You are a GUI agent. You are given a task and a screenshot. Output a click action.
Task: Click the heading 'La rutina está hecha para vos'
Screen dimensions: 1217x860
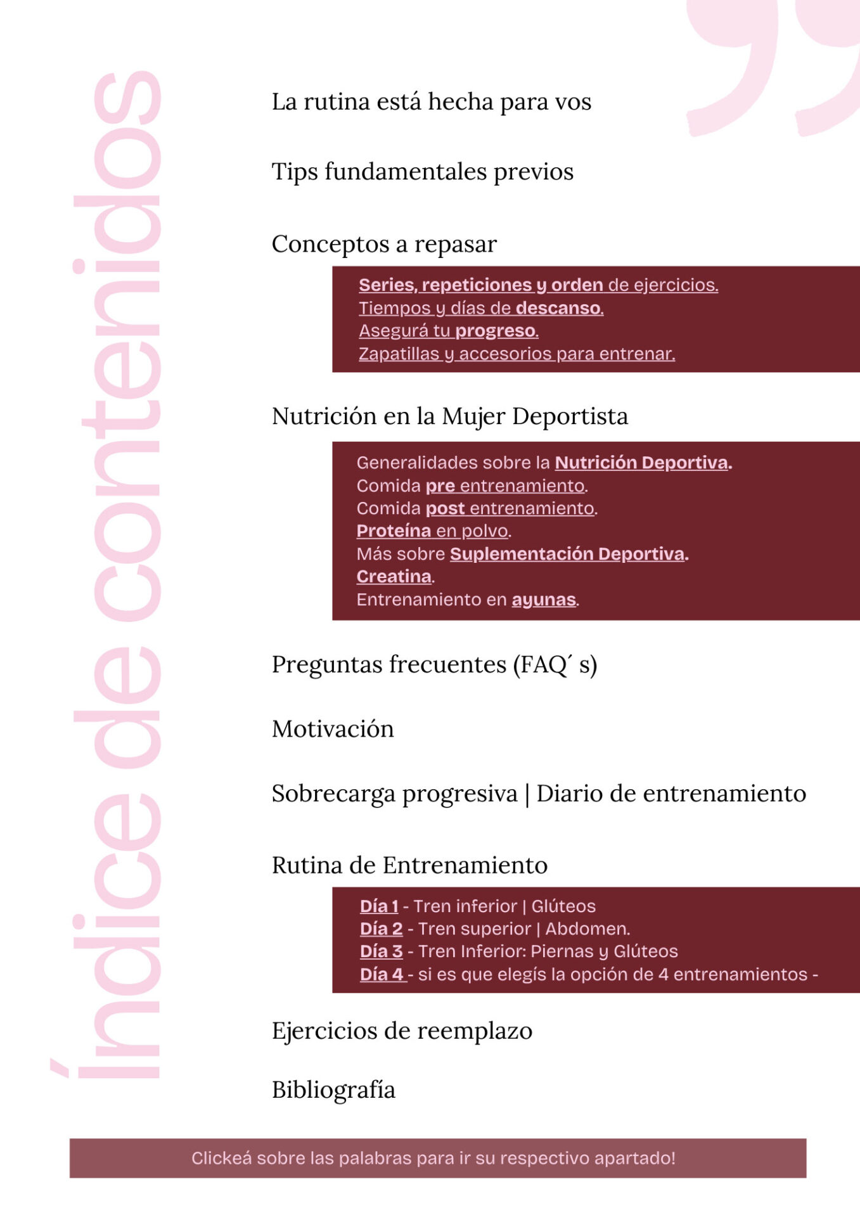(431, 102)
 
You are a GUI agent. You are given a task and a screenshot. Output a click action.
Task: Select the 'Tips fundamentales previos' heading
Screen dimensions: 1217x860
(422, 172)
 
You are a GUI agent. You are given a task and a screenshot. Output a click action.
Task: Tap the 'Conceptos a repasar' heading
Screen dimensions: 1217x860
(384, 244)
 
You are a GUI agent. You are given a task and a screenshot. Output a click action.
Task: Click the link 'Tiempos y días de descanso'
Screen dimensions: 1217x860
(480, 308)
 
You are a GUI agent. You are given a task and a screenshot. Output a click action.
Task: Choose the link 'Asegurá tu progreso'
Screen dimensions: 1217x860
(448, 331)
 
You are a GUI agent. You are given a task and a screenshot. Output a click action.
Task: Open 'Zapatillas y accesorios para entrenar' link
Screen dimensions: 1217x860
(517, 354)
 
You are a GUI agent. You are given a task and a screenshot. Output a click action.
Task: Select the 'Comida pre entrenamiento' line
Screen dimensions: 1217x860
(472, 486)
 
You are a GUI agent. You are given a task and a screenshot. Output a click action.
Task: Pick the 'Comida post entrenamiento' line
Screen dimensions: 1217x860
(477, 508)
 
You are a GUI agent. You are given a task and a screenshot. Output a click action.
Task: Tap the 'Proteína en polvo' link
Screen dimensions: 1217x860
(433, 531)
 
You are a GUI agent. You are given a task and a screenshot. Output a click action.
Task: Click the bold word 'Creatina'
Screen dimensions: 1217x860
(394, 577)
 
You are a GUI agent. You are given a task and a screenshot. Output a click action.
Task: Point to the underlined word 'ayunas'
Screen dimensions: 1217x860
(544, 600)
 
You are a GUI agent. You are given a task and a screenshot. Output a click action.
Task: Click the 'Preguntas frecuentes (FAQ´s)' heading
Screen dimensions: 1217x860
(434, 665)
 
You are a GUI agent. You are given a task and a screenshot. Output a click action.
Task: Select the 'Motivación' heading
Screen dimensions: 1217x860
(333, 730)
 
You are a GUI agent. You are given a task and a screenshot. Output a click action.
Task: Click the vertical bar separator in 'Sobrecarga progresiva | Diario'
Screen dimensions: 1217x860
(527, 794)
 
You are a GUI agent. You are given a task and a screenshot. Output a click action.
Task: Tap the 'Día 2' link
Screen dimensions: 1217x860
(382, 929)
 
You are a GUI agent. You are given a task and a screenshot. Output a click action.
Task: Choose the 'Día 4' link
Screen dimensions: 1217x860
(382, 975)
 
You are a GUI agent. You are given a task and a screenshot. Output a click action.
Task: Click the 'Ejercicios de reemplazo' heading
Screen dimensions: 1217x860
(402, 1031)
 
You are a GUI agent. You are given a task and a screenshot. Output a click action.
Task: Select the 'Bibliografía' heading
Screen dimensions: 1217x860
(333, 1090)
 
